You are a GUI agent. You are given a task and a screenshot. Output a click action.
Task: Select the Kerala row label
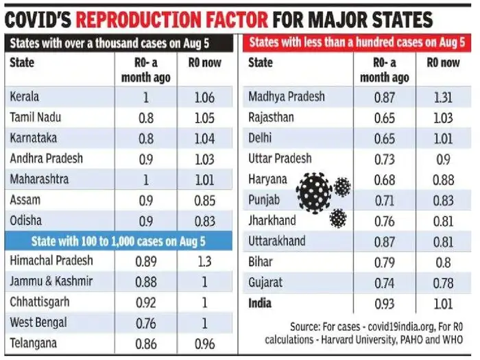coord(26,98)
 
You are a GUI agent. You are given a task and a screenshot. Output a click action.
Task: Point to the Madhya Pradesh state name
coord(287,97)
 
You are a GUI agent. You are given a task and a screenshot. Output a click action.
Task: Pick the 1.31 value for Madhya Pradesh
coord(442,97)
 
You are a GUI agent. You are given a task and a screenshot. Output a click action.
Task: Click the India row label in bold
coord(261,303)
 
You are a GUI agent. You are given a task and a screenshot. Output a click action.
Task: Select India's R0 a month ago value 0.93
coord(384,303)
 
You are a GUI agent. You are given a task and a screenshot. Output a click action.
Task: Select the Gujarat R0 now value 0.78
coord(442,283)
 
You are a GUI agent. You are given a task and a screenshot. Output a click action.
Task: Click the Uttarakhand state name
coord(277,241)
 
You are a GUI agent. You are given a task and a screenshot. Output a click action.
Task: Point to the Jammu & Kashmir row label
coord(52,281)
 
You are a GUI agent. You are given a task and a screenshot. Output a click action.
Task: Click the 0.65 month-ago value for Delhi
coord(384,138)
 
